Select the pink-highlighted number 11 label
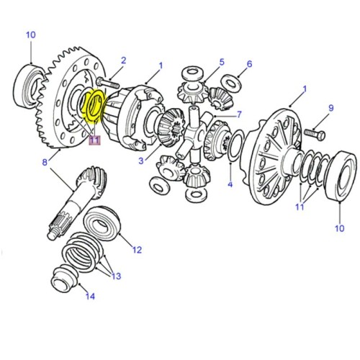click(94, 140)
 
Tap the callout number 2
click(123, 60)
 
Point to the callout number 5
click(222, 63)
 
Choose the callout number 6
click(250, 64)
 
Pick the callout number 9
click(330, 108)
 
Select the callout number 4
click(230, 185)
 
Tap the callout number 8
click(45, 163)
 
